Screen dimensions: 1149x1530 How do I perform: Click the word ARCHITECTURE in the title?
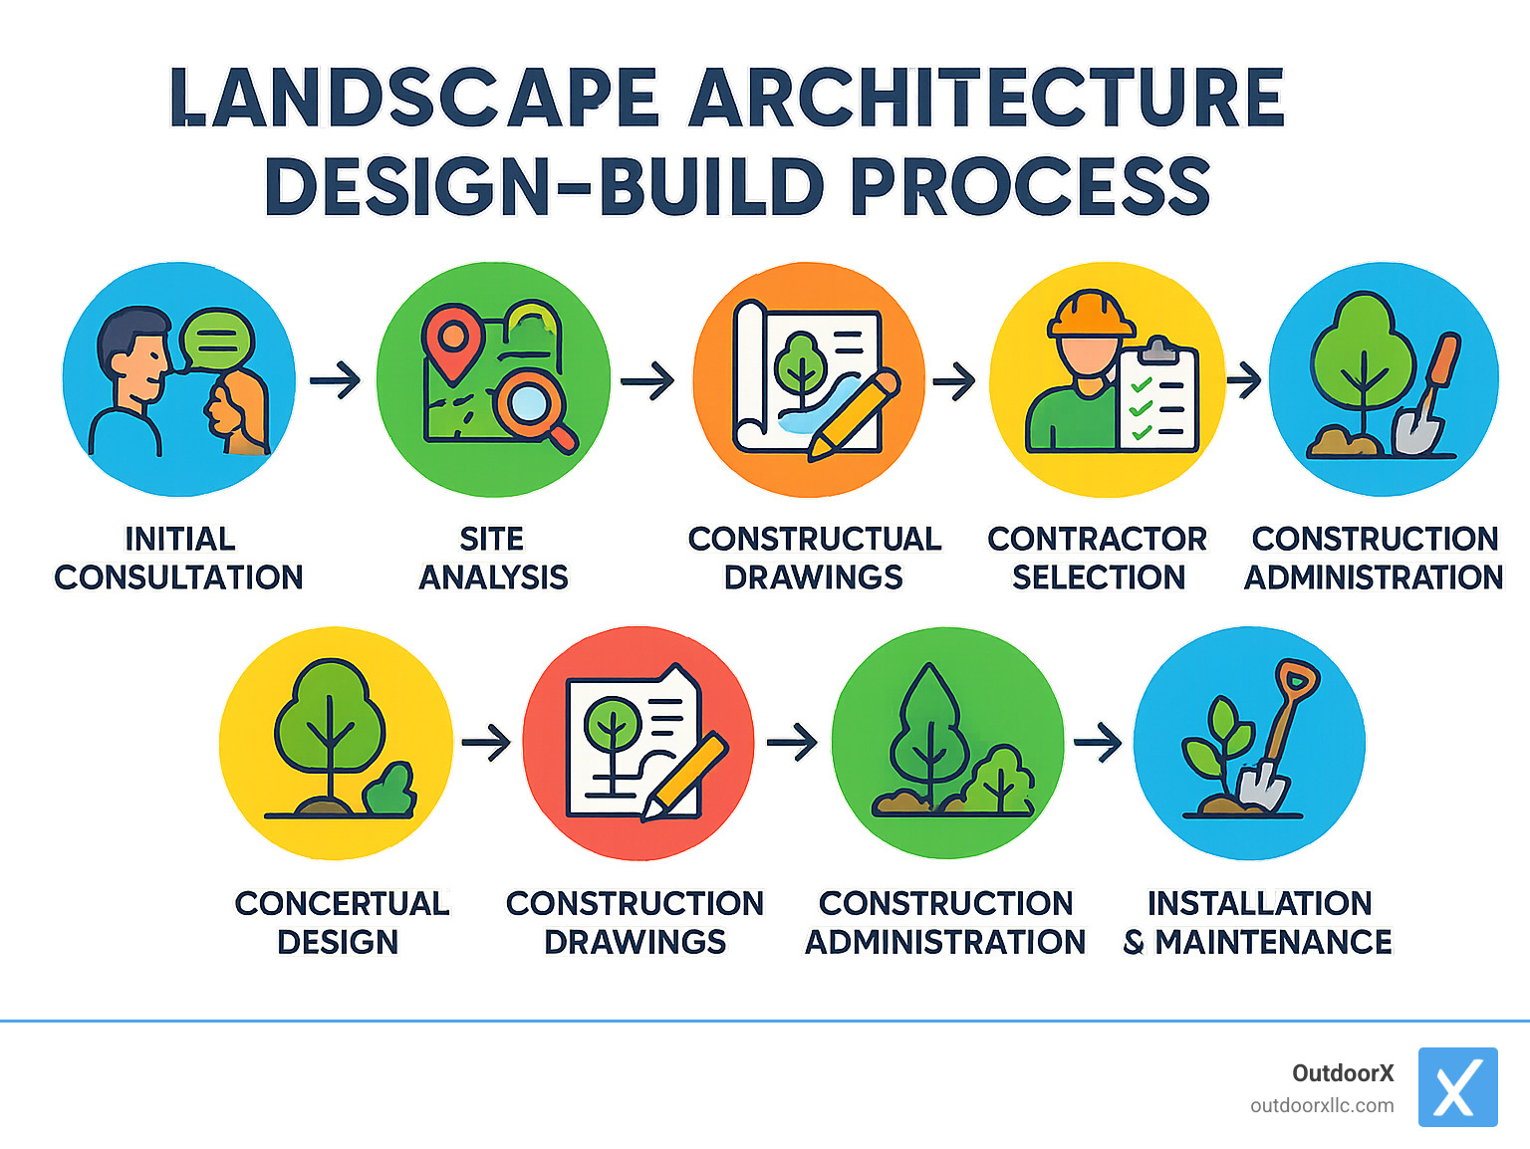click(x=986, y=98)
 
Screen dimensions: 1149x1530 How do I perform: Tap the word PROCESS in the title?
click(x=1030, y=187)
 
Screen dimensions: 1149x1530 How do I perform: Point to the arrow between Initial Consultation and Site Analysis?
click(x=336, y=380)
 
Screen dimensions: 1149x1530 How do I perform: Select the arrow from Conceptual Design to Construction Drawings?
click(x=486, y=743)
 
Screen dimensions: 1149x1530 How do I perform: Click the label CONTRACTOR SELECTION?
click(x=1098, y=558)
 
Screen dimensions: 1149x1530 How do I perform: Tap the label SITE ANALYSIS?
click(x=493, y=558)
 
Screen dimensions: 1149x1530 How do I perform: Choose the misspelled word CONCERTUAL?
click(x=342, y=903)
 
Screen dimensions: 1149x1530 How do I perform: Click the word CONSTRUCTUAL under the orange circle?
click(x=814, y=539)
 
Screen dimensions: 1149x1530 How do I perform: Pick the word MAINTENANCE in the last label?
click(x=1273, y=942)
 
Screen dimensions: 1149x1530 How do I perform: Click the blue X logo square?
click(x=1457, y=1087)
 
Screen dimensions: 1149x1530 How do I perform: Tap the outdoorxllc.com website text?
click(x=1322, y=1105)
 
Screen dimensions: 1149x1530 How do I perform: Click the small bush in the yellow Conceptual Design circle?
click(x=390, y=790)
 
